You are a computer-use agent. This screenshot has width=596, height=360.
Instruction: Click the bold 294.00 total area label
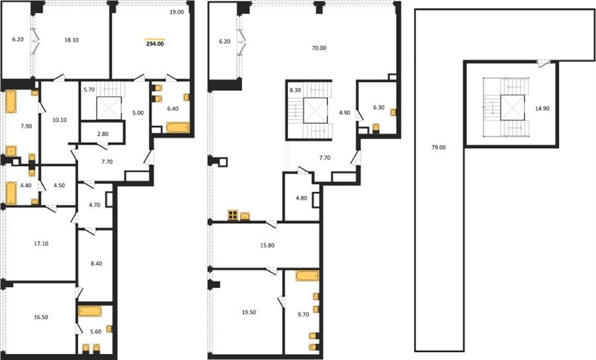click(155, 44)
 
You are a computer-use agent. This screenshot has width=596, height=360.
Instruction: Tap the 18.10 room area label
click(72, 40)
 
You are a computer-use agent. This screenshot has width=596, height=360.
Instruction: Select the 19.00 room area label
click(177, 12)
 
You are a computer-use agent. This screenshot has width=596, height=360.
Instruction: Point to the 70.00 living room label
click(319, 48)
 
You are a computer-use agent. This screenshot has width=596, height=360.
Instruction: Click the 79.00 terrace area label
click(438, 148)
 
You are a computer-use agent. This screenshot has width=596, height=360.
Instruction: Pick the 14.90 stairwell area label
click(542, 109)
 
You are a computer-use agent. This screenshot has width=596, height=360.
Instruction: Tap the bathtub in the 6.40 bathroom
click(178, 127)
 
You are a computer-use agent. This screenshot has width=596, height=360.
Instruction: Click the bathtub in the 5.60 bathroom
click(90, 312)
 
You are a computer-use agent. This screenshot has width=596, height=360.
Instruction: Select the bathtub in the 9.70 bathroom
click(307, 276)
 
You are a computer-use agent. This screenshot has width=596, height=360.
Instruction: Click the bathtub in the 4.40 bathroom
click(11, 193)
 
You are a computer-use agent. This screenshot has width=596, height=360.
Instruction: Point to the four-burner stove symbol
click(232, 215)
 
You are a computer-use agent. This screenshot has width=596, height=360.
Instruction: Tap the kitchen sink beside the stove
click(245, 216)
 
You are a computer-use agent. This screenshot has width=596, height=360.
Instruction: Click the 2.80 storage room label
click(103, 134)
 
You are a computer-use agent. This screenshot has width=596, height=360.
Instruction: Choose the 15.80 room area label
click(267, 246)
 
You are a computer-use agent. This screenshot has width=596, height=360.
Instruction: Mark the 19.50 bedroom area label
click(249, 312)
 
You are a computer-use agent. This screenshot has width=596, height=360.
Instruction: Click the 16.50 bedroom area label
click(41, 317)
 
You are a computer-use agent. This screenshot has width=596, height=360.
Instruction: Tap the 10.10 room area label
click(60, 120)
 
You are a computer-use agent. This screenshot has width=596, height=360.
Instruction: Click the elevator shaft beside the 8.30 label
click(315, 111)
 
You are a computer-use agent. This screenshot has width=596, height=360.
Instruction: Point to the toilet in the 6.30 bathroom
click(376, 128)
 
